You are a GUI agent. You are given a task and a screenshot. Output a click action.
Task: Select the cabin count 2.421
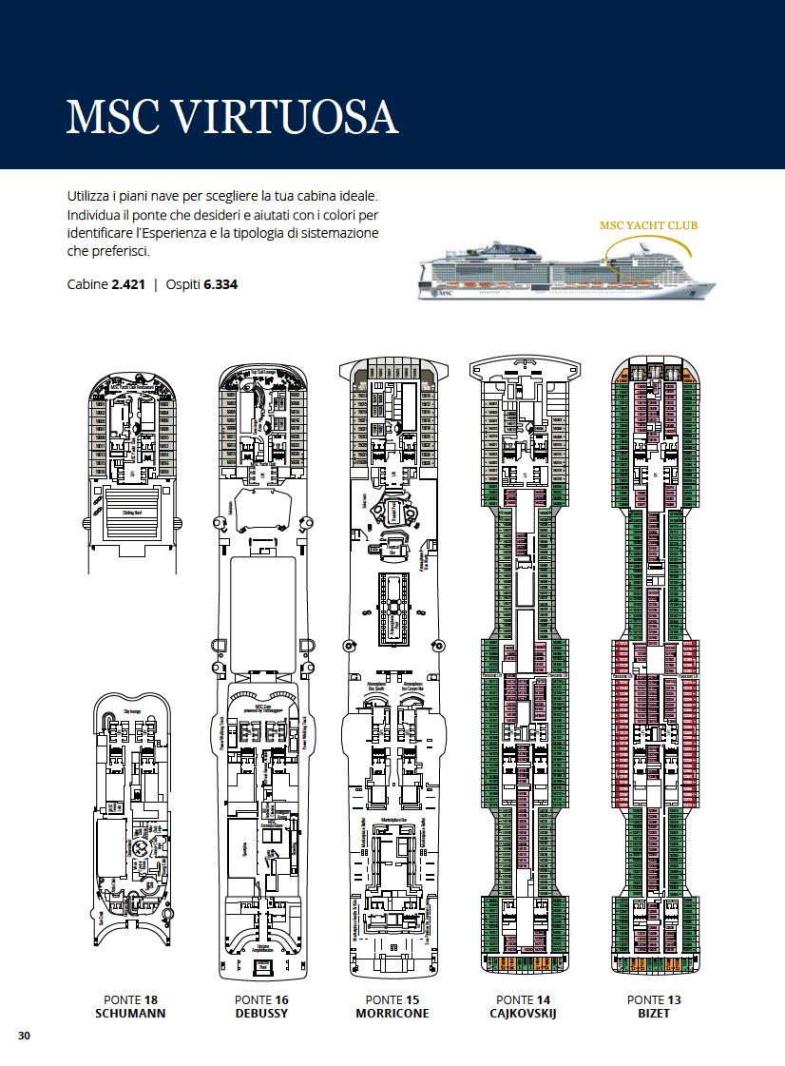click(x=128, y=284)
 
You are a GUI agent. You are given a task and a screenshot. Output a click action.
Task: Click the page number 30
click(x=24, y=1036)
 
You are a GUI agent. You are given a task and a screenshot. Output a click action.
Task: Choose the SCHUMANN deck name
click(x=130, y=1014)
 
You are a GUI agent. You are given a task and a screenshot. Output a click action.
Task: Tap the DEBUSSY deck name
click(x=260, y=1014)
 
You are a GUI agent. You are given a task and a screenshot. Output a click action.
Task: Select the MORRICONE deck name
click(x=392, y=1014)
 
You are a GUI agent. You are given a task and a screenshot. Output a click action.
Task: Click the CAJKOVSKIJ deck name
click(x=523, y=1014)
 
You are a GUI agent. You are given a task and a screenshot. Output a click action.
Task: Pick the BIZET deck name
click(x=654, y=1014)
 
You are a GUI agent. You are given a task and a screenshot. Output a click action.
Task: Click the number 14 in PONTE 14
click(x=544, y=999)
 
